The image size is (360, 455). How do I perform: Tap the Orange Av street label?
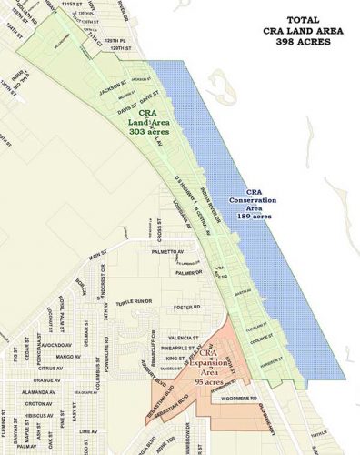(x=46, y=379)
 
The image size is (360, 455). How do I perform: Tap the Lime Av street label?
(x=89, y=430)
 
